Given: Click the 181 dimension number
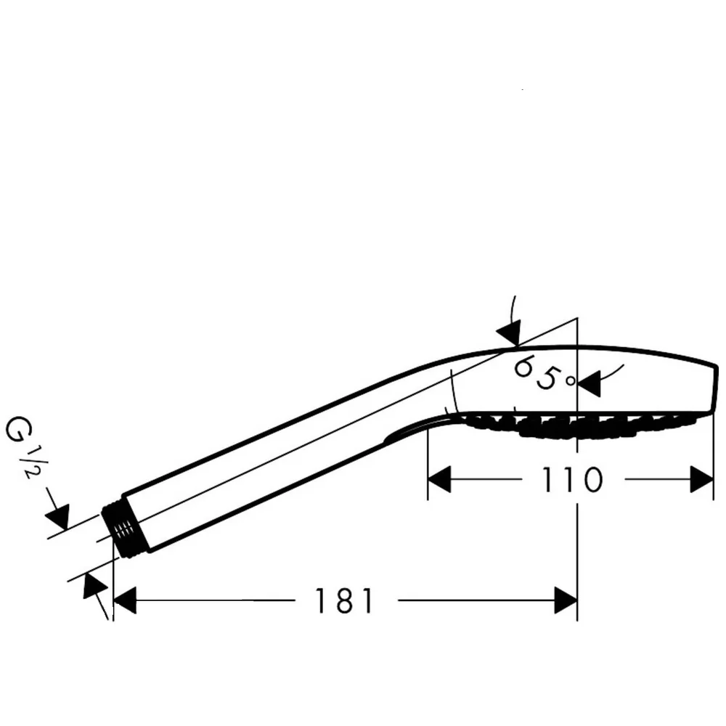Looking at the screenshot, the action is (344, 601).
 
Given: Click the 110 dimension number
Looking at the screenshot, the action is (572, 479).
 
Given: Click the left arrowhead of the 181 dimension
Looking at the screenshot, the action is (125, 600).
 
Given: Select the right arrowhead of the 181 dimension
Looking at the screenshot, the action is (566, 600).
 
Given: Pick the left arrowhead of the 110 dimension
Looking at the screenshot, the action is (439, 479).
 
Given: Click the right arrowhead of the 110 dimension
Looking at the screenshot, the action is (701, 479).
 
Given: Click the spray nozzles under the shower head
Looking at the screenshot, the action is (579, 425).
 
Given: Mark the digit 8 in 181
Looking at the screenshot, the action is (344, 601).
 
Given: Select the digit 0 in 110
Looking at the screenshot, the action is (592, 479).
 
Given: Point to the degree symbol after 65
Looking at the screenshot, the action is (571, 380).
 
